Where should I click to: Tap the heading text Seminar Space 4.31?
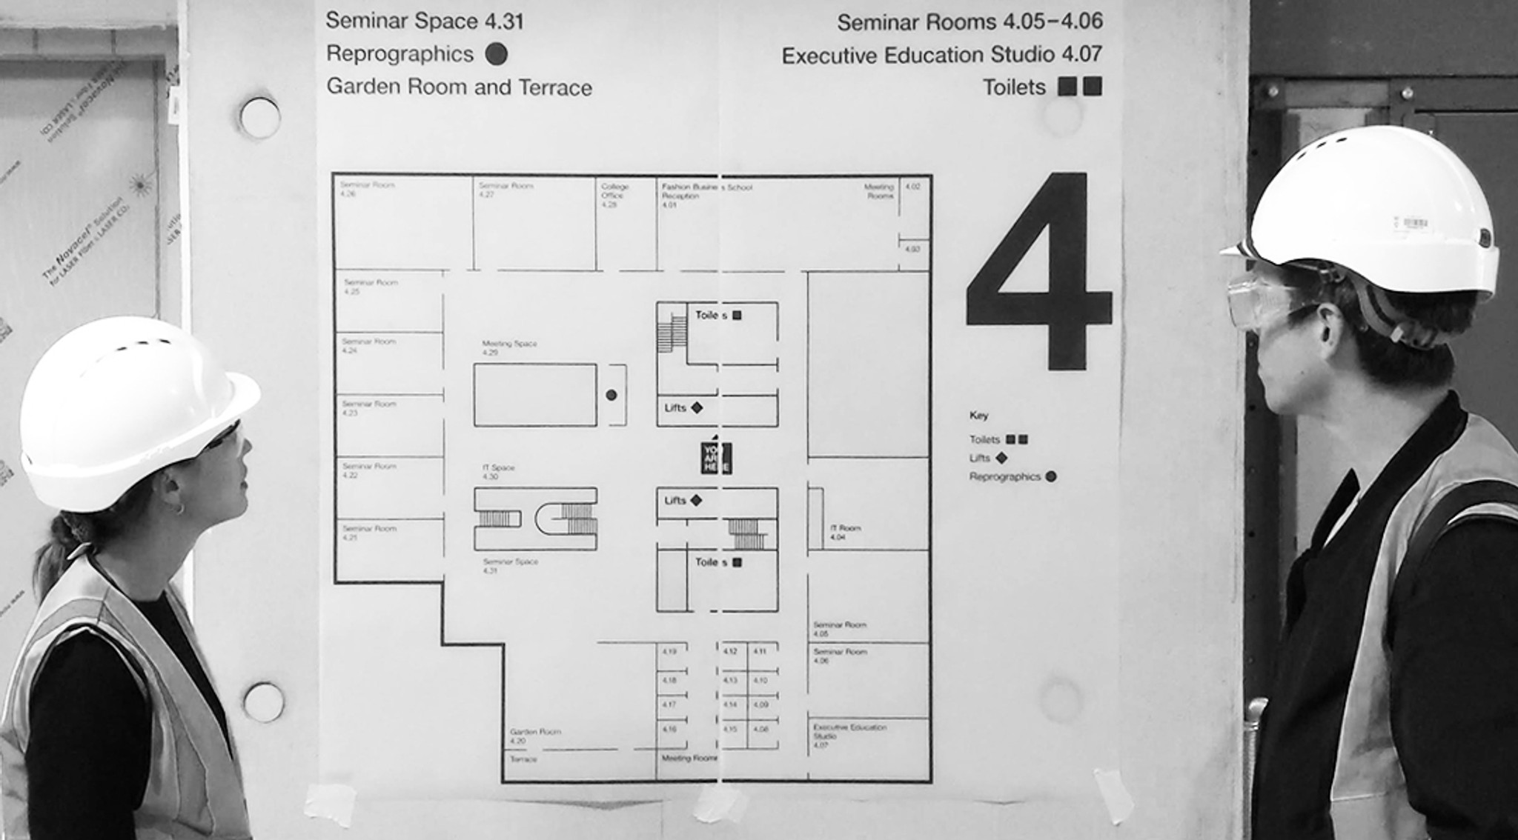(x=424, y=21)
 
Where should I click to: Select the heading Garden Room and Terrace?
(x=459, y=87)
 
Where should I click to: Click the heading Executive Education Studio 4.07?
(x=941, y=56)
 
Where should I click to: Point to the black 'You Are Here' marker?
(x=716, y=458)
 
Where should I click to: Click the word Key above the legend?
(x=978, y=416)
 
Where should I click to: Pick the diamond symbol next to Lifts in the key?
(x=1001, y=458)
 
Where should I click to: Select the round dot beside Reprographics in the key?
(x=1050, y=476)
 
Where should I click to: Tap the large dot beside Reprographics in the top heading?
(x=496, y=54)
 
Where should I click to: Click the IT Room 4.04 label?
(x=845, y=532)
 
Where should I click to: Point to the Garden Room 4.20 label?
(x=534, y=736)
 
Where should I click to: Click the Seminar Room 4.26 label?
(x=367, y=189)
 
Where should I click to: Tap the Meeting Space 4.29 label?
(x=509, y=347)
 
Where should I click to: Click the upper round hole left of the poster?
(x=260, y=118)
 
